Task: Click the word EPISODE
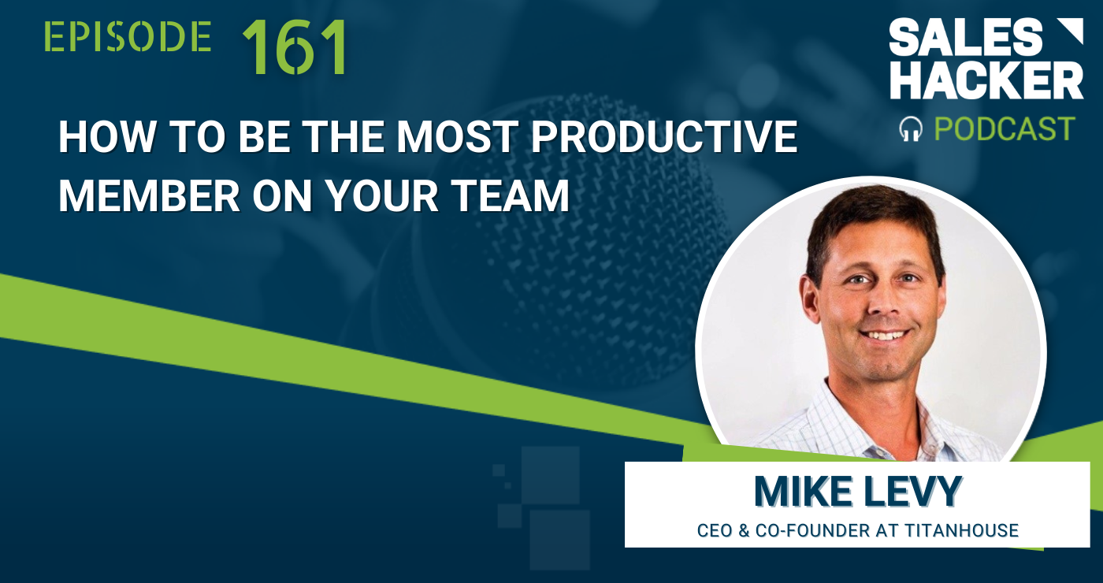point(128,38)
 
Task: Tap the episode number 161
point(294,47)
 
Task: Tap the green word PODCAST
point(1004,128)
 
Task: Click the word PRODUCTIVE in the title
point(664,139)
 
